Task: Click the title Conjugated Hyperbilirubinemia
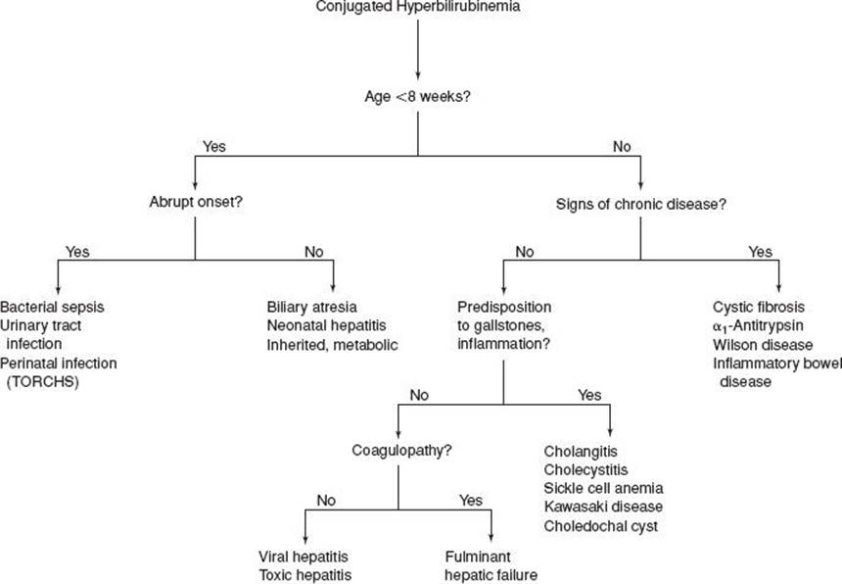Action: [x=418, y=7]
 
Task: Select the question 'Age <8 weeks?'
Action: [x=417, y=97]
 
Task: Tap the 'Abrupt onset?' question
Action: [x=196, y=202]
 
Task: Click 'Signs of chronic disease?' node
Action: [x=640, y=204]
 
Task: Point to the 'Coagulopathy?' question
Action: [x=401, y=450]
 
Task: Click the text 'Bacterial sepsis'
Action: [x=52, y=307]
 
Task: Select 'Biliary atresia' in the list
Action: [x=312, y=307]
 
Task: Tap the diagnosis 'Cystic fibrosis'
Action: [x=759, y=307]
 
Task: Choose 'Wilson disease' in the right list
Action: [x=763, y=344]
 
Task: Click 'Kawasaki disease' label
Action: [x=603, y=507]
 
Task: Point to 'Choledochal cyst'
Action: [x=601, y=526]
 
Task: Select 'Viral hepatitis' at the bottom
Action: [x=304, y=557]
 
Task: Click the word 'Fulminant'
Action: [x=478, y=557]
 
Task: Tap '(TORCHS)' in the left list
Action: [x=42, y=382]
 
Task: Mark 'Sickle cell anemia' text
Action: [x=603, y=488]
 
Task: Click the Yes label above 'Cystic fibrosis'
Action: [x=761, y=252]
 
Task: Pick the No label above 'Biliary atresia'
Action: [x=314, y=252]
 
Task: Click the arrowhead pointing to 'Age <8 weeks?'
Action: [x=418, y=75]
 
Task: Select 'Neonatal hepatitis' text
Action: [x=326, y=325]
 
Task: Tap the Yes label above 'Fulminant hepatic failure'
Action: [x=471, y=500]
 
